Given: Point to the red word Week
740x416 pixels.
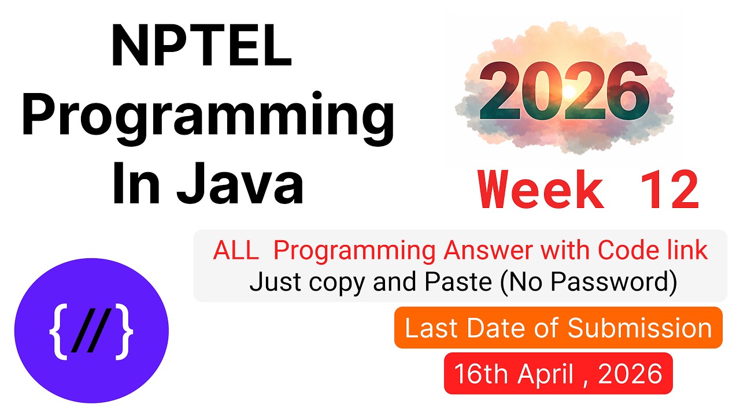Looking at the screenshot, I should [541, 191].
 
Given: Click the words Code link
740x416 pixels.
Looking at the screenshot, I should [653, 251].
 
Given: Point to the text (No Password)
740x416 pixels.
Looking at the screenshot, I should [589, 283].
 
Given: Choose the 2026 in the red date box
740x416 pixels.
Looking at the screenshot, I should [630, 374].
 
